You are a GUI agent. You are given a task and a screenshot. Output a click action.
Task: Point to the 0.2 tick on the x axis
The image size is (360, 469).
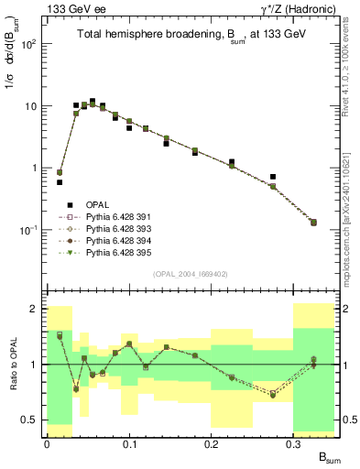tap(212, 443)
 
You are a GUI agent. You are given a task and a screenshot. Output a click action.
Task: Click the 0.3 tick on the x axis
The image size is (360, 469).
tap(294, 443)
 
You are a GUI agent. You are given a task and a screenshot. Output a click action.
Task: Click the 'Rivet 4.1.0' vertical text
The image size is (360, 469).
tap(353, 73)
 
